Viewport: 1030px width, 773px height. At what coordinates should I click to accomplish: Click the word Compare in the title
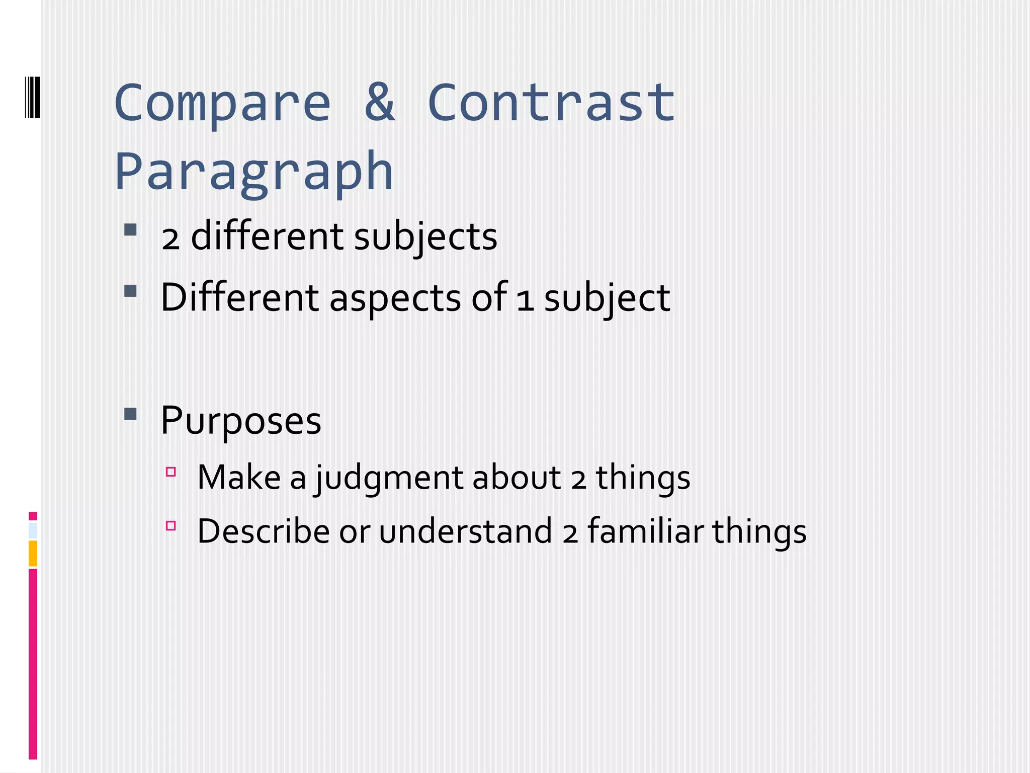point(223,104)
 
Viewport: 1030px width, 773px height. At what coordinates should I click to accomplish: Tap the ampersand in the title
point(380,103)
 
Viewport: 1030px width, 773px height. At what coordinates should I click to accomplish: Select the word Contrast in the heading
point(551,103)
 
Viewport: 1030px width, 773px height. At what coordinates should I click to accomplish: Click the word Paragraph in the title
point(254,173)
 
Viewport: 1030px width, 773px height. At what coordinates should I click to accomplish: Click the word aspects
point(395,297)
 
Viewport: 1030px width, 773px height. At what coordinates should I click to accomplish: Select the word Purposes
point(241,420)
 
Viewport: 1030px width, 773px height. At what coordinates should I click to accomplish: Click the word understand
point(465,531)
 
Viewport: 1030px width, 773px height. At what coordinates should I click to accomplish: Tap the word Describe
point(264,531)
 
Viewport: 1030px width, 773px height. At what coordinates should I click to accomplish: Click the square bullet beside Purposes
point(130,414)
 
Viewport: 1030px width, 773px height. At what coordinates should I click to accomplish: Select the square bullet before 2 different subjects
point(130,230)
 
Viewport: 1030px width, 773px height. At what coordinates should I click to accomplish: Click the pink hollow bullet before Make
point(171,472)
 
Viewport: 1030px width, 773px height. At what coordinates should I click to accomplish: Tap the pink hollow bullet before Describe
point(171,526)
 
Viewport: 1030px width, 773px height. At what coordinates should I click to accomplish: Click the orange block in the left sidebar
point(33,553)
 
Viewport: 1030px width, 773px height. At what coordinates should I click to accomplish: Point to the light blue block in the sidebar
point(33,530)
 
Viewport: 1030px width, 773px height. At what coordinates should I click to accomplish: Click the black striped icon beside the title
point(33,96)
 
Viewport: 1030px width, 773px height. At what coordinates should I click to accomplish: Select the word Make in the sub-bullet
point(239,478)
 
